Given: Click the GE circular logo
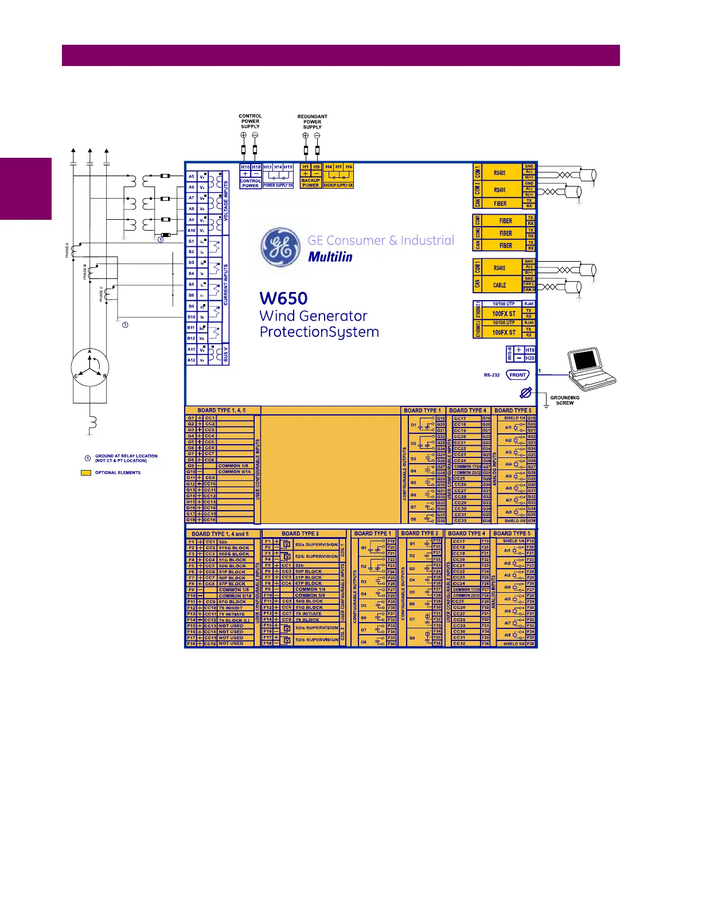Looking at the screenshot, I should [x=280, y=247].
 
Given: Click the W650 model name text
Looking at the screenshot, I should [x=283, y=298].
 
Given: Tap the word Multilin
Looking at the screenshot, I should [x=330, y=257].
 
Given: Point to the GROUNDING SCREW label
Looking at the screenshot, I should [x=564, y=400].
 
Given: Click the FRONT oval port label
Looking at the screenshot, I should [x=517, y=375].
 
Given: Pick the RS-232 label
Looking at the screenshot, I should [x=492, y=375].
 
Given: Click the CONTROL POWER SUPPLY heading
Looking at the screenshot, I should [x=250, y=121].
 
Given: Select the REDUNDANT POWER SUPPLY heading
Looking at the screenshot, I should [x=312, y=122].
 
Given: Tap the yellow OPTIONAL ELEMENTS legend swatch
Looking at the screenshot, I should [x=86, y=473].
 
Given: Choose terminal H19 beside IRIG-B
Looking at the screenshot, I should [x=530, y=350].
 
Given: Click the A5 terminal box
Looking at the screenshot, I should [x=192, y=177].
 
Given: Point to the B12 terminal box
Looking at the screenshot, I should [x=191, y=339].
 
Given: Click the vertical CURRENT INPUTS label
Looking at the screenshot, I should [x=225, y=285].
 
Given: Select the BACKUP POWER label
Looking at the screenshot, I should [x=310, y=183].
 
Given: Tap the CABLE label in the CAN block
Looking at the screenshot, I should [x=500, y=285].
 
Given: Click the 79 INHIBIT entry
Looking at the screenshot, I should [x=231, y=608].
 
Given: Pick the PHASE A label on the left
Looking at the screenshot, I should [x=67, y=250].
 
